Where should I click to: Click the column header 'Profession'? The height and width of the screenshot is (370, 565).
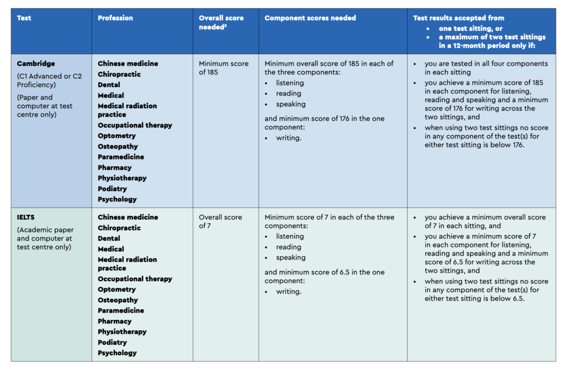pyautogui.click(x=115, y=18)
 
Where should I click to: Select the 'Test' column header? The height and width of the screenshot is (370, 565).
pyautogui.click(x=24, y=18)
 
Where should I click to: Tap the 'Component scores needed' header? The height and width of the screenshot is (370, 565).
pyautogui.click(x=310, y=18)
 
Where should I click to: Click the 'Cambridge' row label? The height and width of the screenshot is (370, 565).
pyautogui.click(x=36, y=64)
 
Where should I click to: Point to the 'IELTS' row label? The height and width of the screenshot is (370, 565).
pyautogui.click(x=26, y=218)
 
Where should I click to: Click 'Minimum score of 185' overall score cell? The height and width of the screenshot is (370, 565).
pyautogui.click(x=223, y=68)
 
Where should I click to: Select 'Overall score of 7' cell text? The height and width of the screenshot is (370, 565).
pyautogui.click(x=220, y=221)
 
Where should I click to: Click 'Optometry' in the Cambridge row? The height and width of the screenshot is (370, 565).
pyautogui.click(x=116, y=136)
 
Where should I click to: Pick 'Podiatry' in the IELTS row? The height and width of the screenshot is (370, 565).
pyautogui.click(x=113, y=342)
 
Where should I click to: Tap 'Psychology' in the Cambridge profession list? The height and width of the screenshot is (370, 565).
pyautogui.click(x=117, y=199)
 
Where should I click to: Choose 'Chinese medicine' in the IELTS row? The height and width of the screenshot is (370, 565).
pyautogui.click(x=127, y=218)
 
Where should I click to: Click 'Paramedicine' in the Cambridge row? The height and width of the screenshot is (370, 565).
pyautogui.click(x=121, y=157)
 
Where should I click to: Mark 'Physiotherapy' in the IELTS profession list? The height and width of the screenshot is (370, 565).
pyautogui.click(x=122, y=332)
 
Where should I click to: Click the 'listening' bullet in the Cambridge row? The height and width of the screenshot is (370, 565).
pyautogui.click(x=290, y=83)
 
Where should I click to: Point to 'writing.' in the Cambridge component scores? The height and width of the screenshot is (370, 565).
pyautogui.click(x=289, y=138)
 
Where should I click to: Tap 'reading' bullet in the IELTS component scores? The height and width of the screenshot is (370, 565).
pyautogui.click(x=289, y=247)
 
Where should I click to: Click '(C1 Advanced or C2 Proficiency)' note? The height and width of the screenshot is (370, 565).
pyautogui.click(x=49, y=81)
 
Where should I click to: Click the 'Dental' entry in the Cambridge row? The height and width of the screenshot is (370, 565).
pyautogui.click(x=109, y=85)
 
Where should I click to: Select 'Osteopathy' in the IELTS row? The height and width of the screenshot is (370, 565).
pyautogui.click(x=118, y=300)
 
